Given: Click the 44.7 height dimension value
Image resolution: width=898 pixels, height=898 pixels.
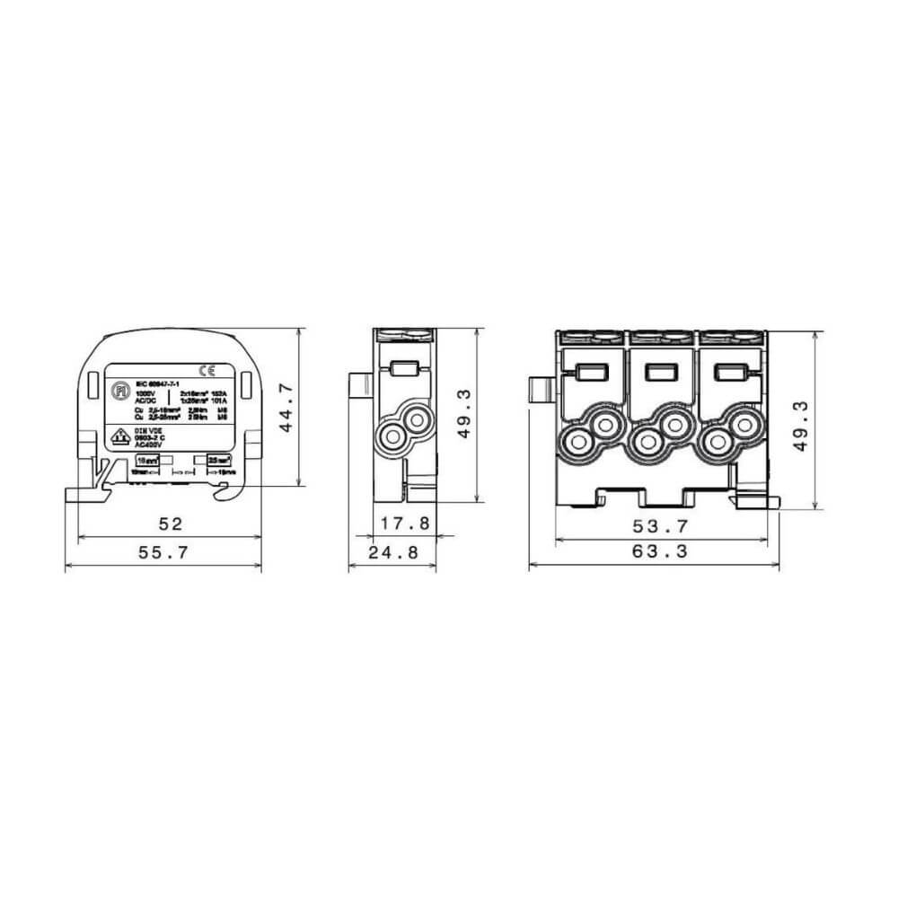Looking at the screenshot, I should [286, 409].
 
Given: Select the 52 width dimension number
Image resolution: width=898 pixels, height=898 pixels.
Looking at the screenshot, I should [171, 524].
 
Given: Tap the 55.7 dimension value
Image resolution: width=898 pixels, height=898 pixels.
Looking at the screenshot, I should [164, 553].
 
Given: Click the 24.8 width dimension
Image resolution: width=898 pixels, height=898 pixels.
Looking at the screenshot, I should [394, 553].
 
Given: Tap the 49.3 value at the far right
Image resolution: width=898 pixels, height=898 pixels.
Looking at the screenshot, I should [801, 420].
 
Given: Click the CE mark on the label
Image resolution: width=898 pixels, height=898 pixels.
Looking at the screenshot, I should [207, 369].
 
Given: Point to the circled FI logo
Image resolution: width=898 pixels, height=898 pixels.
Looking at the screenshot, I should [117, 392].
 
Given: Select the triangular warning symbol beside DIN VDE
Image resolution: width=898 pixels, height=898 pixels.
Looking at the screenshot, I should [117, 437].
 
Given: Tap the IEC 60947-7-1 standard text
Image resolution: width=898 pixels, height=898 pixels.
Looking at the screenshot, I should [154, 383].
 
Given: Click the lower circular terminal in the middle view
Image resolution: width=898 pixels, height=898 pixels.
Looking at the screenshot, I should [393, 436].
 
